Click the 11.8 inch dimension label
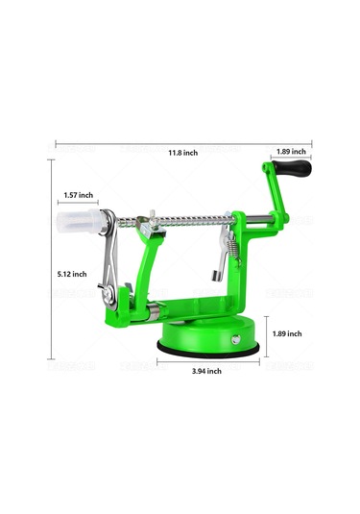pyautogui.click(x=182, y=153)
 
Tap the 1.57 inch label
pyautogui.click(x=79, y=195)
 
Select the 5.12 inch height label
pyautogui.click(x=72, y=274)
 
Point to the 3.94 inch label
pyautogui.click(x=206, y=371)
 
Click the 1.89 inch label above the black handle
pyautogui.click(x=291, y=152)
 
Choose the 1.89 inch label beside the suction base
pyautogui.click(x=287, y=333)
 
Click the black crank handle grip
pyautogui.click(x=292, y=168)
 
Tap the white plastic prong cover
pyautogui.click(x=80, y=221)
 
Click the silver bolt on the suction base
pyautogui.click(x=235, y=339)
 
